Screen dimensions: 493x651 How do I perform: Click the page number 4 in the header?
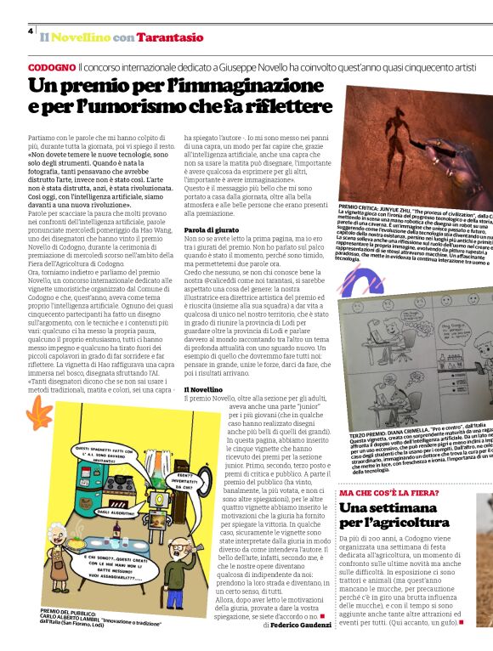pos(30,31)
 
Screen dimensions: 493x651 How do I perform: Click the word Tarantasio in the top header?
pos(173,37)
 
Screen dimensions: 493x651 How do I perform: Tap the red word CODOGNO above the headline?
pos(50,66)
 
